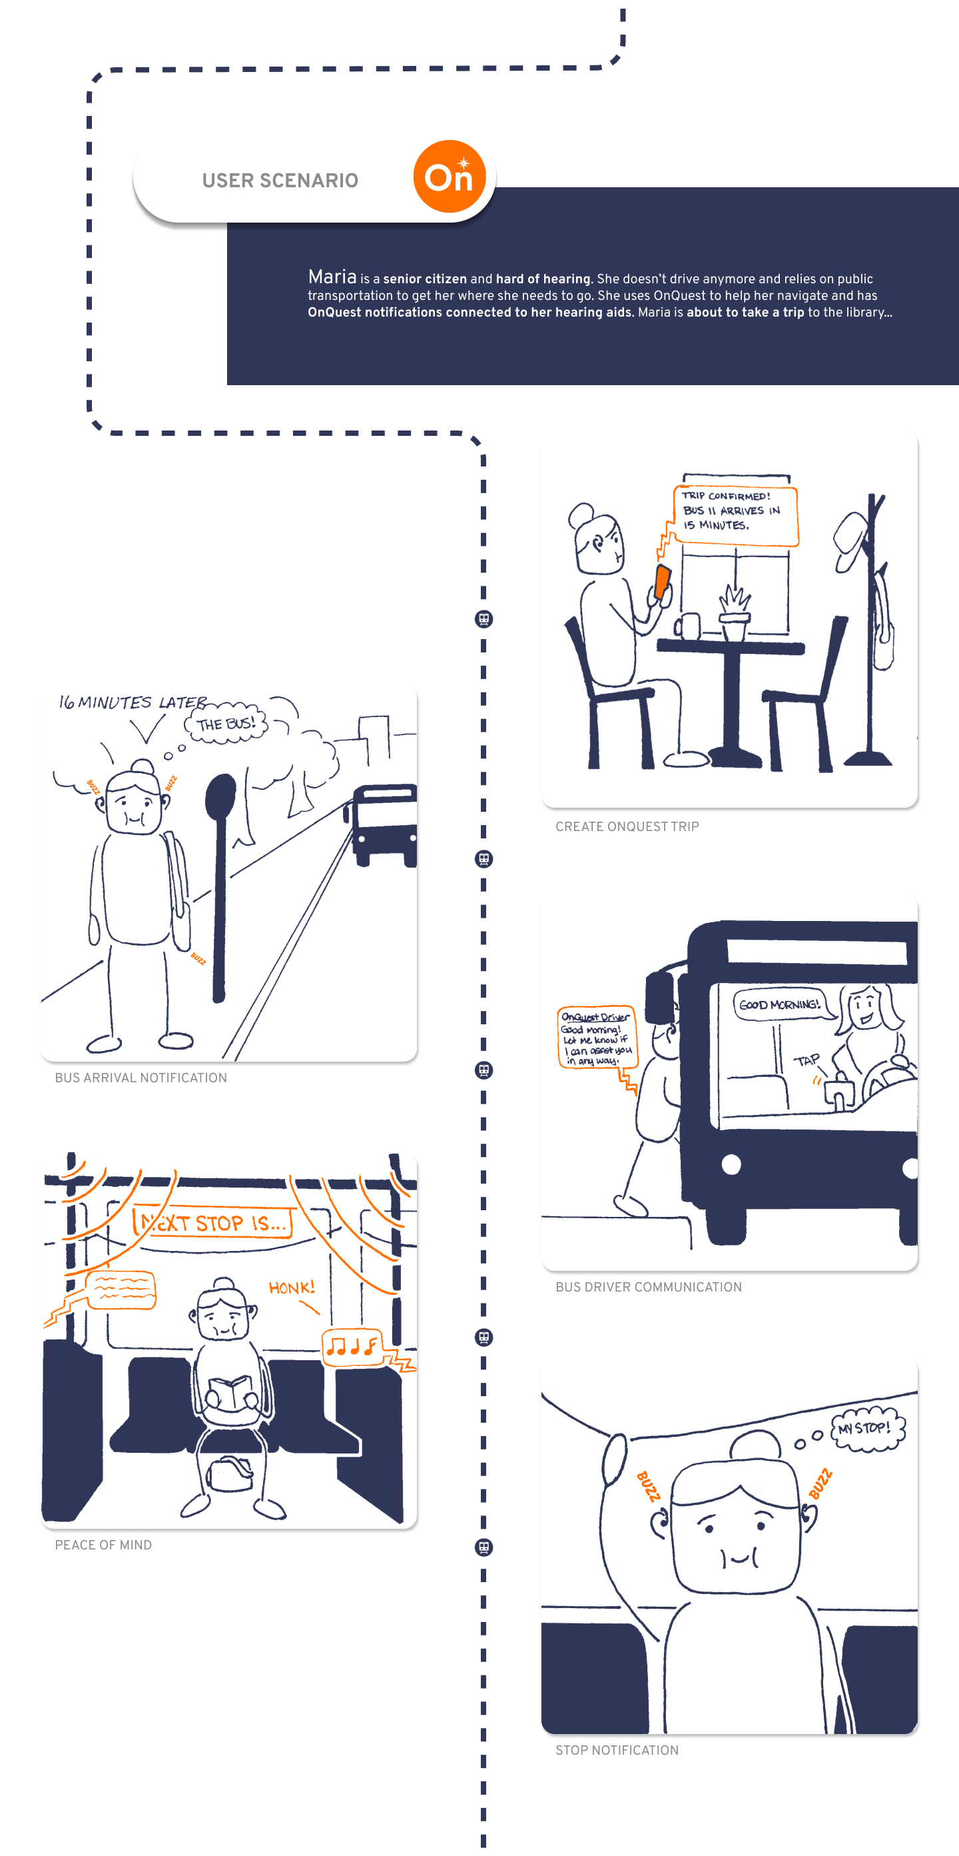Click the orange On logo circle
click(x=450, y=177)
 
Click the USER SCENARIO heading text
click(x=280, y=180)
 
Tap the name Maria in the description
click(x=332, y=277)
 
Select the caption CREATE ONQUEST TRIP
click(x=627, y=826)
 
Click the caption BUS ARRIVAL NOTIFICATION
click(x=141, y=1078)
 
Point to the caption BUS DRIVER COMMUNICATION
click(x=648, y=1287)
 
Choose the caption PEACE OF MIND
click(x=103, y=1545)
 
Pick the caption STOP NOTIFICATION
click(x=616, y=1750)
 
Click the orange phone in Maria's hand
click(x=663, y=581)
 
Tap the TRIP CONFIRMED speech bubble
click(x=736, y=515)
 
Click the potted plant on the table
click(x=734, y=612)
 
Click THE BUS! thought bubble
click(x=226, y=722)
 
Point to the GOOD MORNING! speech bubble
click(x=780, y=1004)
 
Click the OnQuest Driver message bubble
click(x=596, y=1038)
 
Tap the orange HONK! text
click(x=292, y=1288)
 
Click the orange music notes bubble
click(x=352, y=1345)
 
